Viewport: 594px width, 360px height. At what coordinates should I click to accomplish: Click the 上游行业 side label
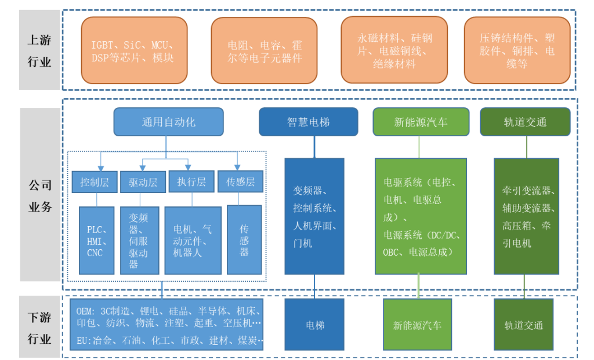coord(39,50)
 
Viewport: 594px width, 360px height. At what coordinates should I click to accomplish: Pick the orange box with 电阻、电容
coord(265,50)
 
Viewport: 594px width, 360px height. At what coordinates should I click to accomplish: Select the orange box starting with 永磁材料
coord(394,50)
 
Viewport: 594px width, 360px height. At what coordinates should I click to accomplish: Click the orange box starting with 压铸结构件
coord(517,50)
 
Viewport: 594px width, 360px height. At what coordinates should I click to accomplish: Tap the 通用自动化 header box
coord(168,122)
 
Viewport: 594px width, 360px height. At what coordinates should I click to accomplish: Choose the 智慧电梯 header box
coord(308,122)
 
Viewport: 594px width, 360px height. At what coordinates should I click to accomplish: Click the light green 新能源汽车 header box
coord(421,122)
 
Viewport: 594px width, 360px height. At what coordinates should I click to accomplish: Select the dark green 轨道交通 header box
coord(525,122)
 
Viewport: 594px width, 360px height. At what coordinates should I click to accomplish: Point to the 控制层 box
coord(95,182)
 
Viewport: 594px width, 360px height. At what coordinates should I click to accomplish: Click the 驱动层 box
coord(143,182)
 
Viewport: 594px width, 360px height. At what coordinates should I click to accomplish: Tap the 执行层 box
coord(191,182)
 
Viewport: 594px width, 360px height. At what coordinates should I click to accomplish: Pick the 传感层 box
coord(240,182)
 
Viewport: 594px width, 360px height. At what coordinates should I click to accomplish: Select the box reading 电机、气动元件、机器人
coord(193,240)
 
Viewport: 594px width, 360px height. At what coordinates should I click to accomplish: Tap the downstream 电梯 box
coord(315,325)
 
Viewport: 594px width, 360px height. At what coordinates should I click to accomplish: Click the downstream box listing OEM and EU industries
coord(166,325)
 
